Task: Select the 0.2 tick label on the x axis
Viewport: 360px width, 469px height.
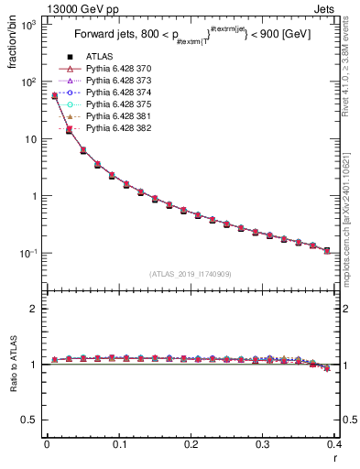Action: point(191,446)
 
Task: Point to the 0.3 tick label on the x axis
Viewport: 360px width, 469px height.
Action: point(263,446)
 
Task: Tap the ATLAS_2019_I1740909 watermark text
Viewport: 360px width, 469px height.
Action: point(191,273)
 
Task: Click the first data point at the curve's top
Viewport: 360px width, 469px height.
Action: point(54,95)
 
